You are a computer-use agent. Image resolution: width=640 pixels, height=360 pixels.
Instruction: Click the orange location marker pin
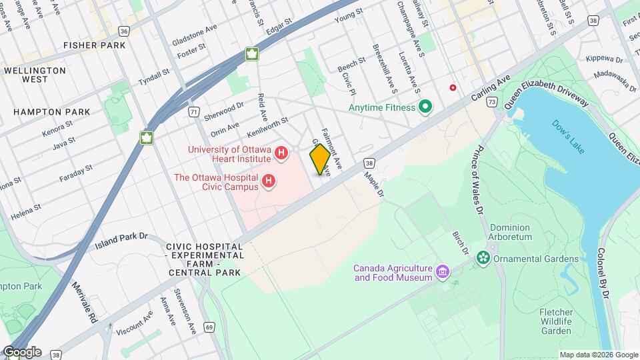click(320, 159)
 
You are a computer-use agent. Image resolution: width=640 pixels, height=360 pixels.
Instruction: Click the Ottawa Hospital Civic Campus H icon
click(269, 181)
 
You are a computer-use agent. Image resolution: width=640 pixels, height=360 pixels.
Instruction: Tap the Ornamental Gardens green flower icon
click(483, 259)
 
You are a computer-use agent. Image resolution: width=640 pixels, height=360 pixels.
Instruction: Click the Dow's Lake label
click(567, 137)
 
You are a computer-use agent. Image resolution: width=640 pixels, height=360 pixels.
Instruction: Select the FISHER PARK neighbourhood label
click(94, 45)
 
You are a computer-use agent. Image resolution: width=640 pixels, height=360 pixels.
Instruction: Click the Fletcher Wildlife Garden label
click(556, 321)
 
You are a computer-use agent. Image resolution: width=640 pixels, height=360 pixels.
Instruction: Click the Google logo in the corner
click(21, 352)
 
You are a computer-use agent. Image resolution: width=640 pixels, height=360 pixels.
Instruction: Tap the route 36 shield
click(124, 31)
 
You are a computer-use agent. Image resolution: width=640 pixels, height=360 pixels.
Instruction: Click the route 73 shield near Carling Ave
click(491, 101)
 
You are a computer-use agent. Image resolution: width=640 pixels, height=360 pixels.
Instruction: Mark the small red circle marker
click(453, 87)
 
